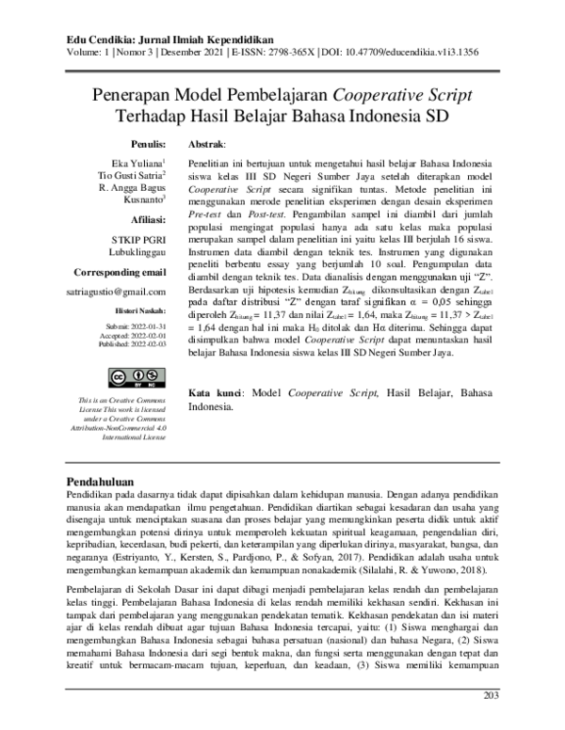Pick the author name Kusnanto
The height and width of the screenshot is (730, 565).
click(x=142, y=200)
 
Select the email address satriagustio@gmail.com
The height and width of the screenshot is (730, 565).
click(x=117, y=294)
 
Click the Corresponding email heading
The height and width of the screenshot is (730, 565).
click(x=120, y=272)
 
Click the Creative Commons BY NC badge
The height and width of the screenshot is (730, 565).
click(x=132, y=378)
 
